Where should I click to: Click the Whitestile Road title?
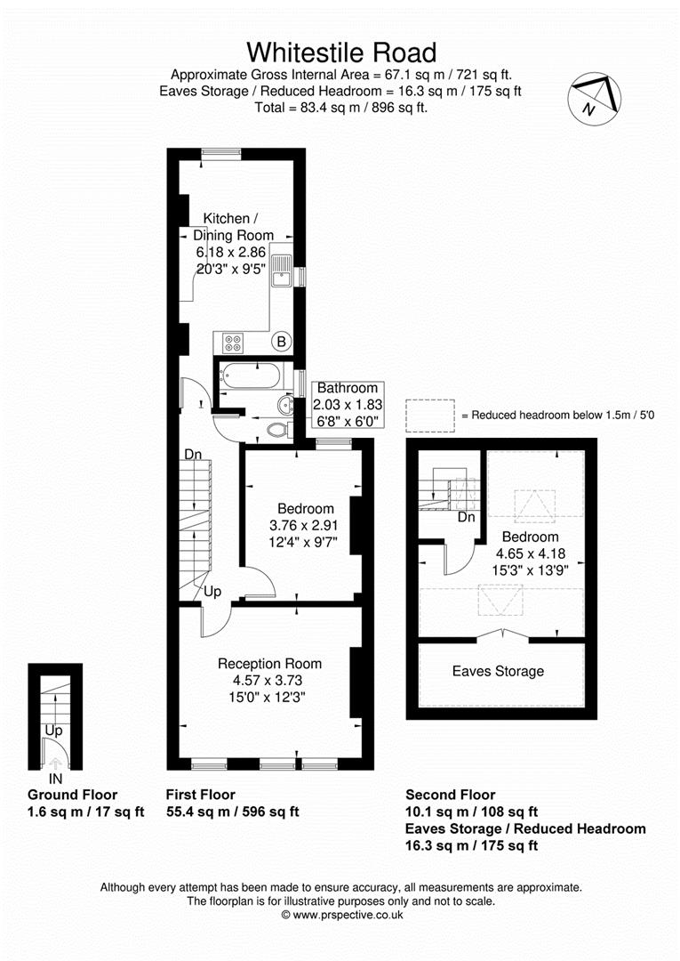click(x=341, y=52)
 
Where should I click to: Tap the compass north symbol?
click(x=595, y=98)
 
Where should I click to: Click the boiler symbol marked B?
click(x=282, y=342)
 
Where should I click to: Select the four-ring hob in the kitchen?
click(x=233, y=343)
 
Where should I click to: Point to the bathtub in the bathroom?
click(x=251, y=376)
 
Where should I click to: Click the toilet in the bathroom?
click(x=279, y=430)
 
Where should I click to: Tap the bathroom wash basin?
click(x=285, y=405)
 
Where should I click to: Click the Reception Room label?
click(x=269, y=664)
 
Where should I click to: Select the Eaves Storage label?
click(x=498, y=671)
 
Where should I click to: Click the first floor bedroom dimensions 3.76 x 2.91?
click(x=304, y=525)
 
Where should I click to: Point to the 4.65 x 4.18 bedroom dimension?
click(x=531, y=553)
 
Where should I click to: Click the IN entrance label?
click(x=55, y=779)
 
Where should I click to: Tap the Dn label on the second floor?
click(x=467, y=517)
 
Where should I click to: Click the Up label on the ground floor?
click(x=54, y=731)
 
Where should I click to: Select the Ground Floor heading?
click(x=72, y=795)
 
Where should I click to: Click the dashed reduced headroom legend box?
click(x=430, y=416)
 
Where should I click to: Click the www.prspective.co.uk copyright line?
click(x=342, y=915)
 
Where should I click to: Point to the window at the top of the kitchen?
click(x=221, y=155)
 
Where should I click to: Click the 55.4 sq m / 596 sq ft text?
click(x=233, y=812)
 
